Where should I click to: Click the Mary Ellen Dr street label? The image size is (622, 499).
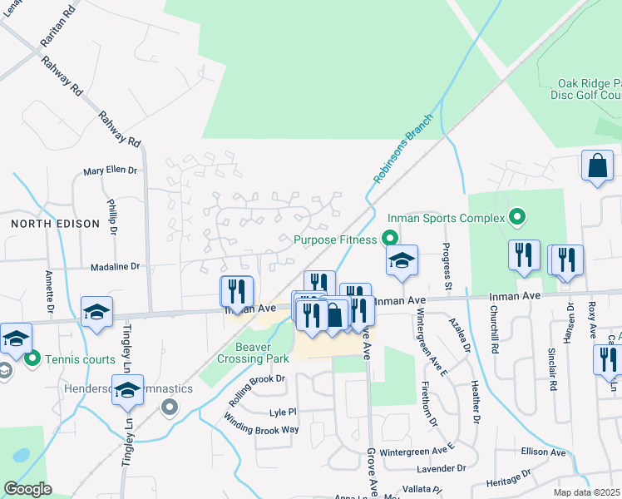click(110, 170)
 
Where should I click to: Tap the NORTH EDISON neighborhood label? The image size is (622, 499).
click(55, 224)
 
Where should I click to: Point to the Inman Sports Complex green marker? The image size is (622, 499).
click(517, 218)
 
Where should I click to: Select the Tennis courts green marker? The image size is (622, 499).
click(33, 359)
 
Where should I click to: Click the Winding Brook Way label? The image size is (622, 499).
click(260, 429)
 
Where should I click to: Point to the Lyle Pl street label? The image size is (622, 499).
click(283, 412)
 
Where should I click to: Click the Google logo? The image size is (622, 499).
click(27, 489)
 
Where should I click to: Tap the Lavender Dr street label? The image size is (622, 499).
click(448, 469)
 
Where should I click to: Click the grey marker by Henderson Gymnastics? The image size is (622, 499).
click(170, 407)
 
